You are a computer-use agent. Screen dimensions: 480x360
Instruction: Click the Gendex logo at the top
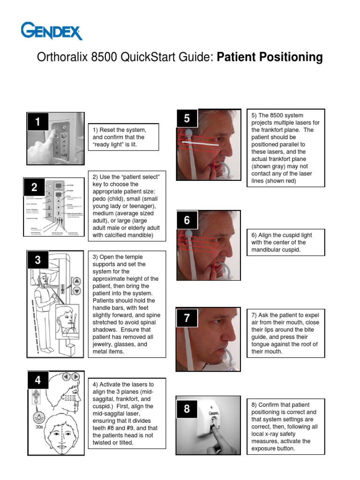(52, 31)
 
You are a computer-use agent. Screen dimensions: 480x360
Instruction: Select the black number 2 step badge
(34, 188)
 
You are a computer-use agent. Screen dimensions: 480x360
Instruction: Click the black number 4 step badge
(38, 380)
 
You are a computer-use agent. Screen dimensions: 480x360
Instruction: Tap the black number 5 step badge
(187, 118)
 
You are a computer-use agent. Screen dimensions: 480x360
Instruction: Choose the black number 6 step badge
(187, 220)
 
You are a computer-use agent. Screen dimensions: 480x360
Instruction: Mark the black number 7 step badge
(187, 318)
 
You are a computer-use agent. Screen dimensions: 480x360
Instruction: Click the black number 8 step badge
(187, 408)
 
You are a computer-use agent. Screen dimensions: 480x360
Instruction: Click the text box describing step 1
(123, 137)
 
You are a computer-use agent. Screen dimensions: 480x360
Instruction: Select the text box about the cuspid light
(285, 242)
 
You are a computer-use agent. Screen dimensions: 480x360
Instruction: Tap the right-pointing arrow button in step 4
(75, 376)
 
